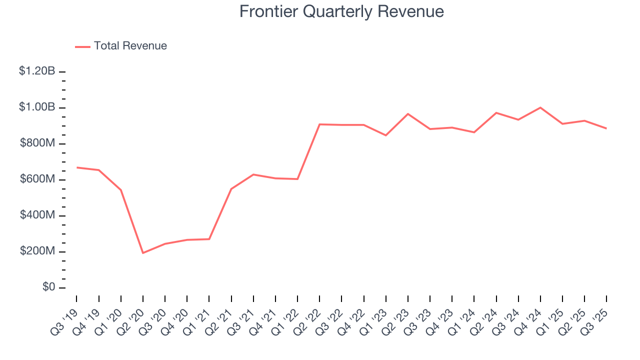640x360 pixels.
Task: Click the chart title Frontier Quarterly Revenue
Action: click(x=341, y=11)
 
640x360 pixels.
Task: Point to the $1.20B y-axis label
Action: click(x=37, y=71)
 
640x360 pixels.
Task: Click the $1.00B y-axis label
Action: click(x=37, y=107)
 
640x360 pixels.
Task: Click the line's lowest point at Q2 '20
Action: click(x=143, y=253)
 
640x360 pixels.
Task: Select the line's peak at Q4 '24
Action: click(x=540, y=107)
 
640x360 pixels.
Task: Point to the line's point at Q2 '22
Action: click(x=319, y=124)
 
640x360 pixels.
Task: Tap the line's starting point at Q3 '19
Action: click(x=76, y=167)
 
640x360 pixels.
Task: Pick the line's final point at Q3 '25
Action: click(x=606, y=128)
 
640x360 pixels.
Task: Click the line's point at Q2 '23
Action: click(x=408, y=114)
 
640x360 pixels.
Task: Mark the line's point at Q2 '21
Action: click(x=231, y=189)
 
